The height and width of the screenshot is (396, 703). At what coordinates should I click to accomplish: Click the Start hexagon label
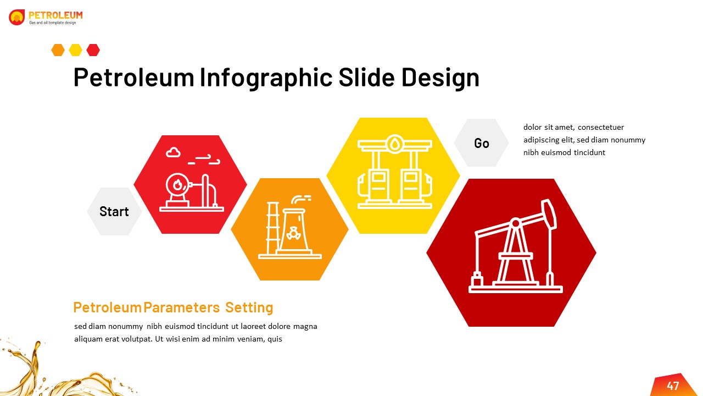point(114,212)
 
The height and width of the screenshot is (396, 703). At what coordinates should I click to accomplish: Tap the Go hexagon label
point(482,143)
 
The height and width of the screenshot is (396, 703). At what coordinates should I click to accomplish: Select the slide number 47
point(673,386)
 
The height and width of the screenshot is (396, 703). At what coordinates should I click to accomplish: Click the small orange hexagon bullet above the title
point(58,50)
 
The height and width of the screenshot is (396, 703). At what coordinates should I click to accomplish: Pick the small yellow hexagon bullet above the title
point(75,50)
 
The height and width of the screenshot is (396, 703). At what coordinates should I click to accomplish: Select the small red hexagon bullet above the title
point(93,50)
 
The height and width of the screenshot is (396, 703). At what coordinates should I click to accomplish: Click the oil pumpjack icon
point(515,248)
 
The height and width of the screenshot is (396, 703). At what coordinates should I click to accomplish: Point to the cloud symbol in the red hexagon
point(173,152)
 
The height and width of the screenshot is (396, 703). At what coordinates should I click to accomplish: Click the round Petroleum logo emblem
point(17,18)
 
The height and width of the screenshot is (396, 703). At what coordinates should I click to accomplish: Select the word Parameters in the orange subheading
point(181,307)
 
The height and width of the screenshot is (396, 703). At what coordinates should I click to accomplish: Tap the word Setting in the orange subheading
point(249,307)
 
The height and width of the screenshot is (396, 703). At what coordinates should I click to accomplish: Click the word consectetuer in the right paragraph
point(600,128)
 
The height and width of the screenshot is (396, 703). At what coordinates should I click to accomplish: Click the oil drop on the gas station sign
point(394,145)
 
